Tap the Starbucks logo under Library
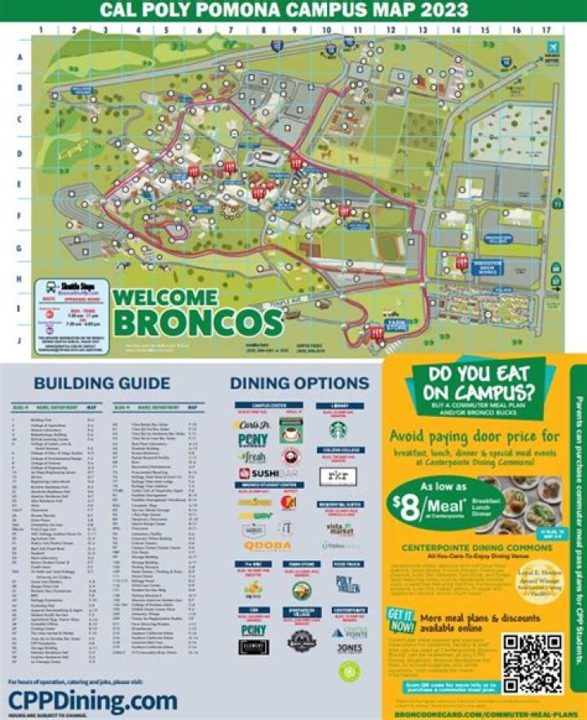pos(339,429)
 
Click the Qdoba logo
pos(268,546)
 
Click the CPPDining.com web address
pos(92,700)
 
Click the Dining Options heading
pos(288,384)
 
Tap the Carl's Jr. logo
pos(257,424)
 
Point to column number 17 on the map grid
pos(547,29)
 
